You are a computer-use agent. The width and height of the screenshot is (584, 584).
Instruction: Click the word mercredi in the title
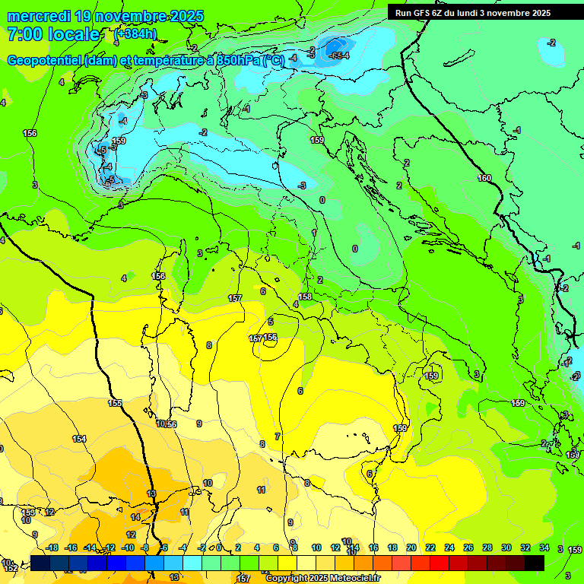[38, 16]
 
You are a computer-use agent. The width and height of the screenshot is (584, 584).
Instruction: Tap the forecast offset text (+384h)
[136, 34]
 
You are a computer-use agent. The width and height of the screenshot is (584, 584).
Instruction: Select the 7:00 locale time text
[53, 34]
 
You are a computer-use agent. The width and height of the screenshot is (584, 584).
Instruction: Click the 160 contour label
[485, 178]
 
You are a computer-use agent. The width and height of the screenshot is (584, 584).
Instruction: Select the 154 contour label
[79, 439]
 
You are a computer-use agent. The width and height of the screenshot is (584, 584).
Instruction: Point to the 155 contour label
[115, 403]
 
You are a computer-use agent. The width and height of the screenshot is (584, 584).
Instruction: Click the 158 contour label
[306, 297]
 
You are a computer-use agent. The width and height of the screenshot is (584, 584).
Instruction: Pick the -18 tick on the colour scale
[52, 547]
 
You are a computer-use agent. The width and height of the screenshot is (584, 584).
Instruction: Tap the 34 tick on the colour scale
[544, 547]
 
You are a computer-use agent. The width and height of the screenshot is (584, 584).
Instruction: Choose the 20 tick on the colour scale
[411, 547]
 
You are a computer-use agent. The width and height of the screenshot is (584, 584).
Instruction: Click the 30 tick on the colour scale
[506, 547]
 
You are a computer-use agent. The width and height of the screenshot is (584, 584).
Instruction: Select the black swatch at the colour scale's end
[535, 563]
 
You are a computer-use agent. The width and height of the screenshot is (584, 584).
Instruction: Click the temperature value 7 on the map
[278, 436]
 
